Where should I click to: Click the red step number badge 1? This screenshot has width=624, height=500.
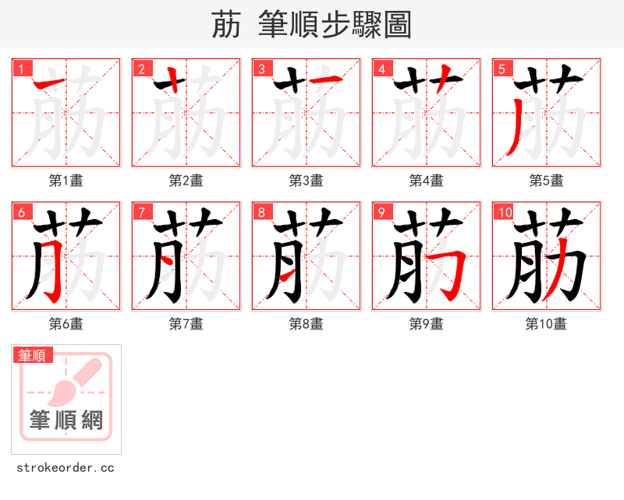pyautogui.click(x=21, y=69)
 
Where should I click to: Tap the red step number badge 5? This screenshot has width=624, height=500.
pyautogui.click(x=502, y=69)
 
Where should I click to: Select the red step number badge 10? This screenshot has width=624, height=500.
pyautogui.click(x=504, y=212)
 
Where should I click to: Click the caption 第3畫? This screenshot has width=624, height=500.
pyautogui.click(x=306, y=181)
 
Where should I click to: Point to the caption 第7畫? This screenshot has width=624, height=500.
pyautogui.click(x=186, y=324)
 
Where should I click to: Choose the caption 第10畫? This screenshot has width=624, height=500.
pyautogui.click(x=546, y=324)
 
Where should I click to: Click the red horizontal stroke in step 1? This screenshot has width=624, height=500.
pyautogui.click(x=48, y=82)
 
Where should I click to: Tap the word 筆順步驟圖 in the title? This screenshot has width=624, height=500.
pyautogui.click(x=329, y=26)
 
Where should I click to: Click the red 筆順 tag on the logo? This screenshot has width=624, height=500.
pyautogui.click(x=34, y=355)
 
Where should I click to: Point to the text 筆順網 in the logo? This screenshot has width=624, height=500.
pyautogui.click(x=66, y=421)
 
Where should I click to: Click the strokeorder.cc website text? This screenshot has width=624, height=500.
pyautogui.click(x=66, y=468)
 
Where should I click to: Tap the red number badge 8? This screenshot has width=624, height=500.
pyautogui.click(x=261, y=212)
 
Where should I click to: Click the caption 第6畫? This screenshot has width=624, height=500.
pyautogui.click(x=66, y=324)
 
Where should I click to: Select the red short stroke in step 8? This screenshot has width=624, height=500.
pyautogui.click(x=287, y=274)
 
